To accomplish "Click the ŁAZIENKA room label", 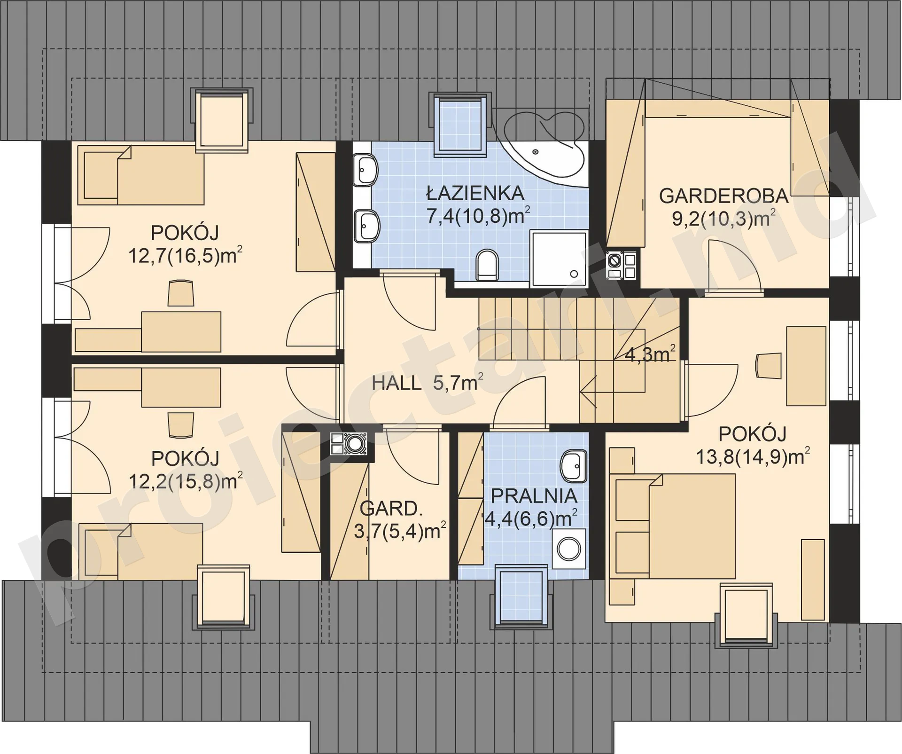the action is pyautogui.click(x=475, y=193).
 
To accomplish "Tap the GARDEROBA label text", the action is pyautogui.click(x=723, y=196).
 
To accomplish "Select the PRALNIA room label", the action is pyautogui.click(x=534, y=496).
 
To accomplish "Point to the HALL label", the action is pyautogui.click(x=397, y=383).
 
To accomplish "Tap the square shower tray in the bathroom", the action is pyautogui.click(x=559, y=258).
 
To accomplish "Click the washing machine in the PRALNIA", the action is pyautogui.click(x=569, y=549).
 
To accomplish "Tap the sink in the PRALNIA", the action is pyautogui.click(x=574, y=466).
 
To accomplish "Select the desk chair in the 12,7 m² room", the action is pyautogui.click(x=180, y=293).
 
